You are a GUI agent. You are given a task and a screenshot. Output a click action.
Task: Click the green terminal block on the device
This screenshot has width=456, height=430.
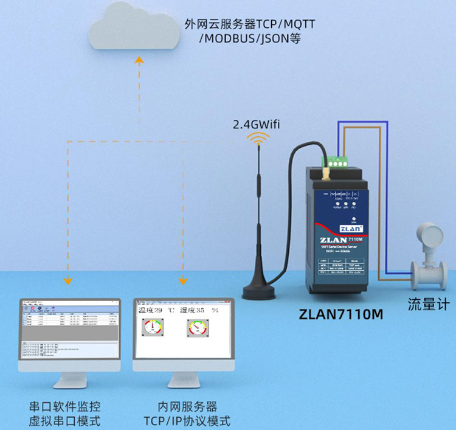point(336,162)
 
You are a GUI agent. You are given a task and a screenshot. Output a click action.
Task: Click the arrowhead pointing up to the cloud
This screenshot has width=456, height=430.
point(139,60)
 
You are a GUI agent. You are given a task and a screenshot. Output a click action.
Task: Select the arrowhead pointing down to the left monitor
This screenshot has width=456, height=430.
point(68,280)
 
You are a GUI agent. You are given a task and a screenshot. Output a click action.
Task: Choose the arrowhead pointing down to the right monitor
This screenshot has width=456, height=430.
point(181,280)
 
